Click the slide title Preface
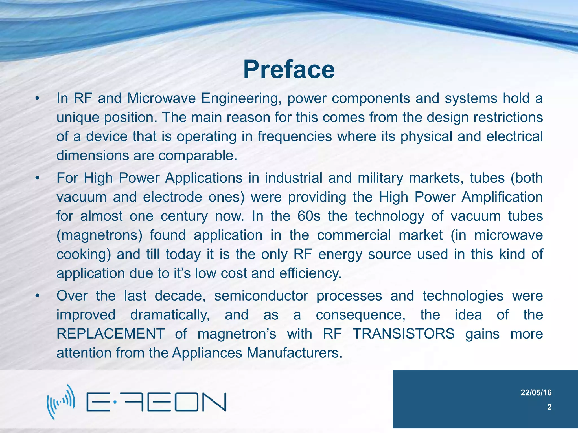(x=289, y=70)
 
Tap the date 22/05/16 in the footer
(x=536, y=392)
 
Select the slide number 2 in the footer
(x=549, y=407)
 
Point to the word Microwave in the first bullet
(x=161, y=98)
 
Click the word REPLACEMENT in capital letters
(x=110, y=334)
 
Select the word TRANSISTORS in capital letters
(x=404, y=334)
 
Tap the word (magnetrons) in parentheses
(x=99, y=235)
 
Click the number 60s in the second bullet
(x=309, y=216)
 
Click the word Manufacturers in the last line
(x=294, y=353)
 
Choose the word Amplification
(x=502, y=197)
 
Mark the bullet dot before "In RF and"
(x=37, y=99)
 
